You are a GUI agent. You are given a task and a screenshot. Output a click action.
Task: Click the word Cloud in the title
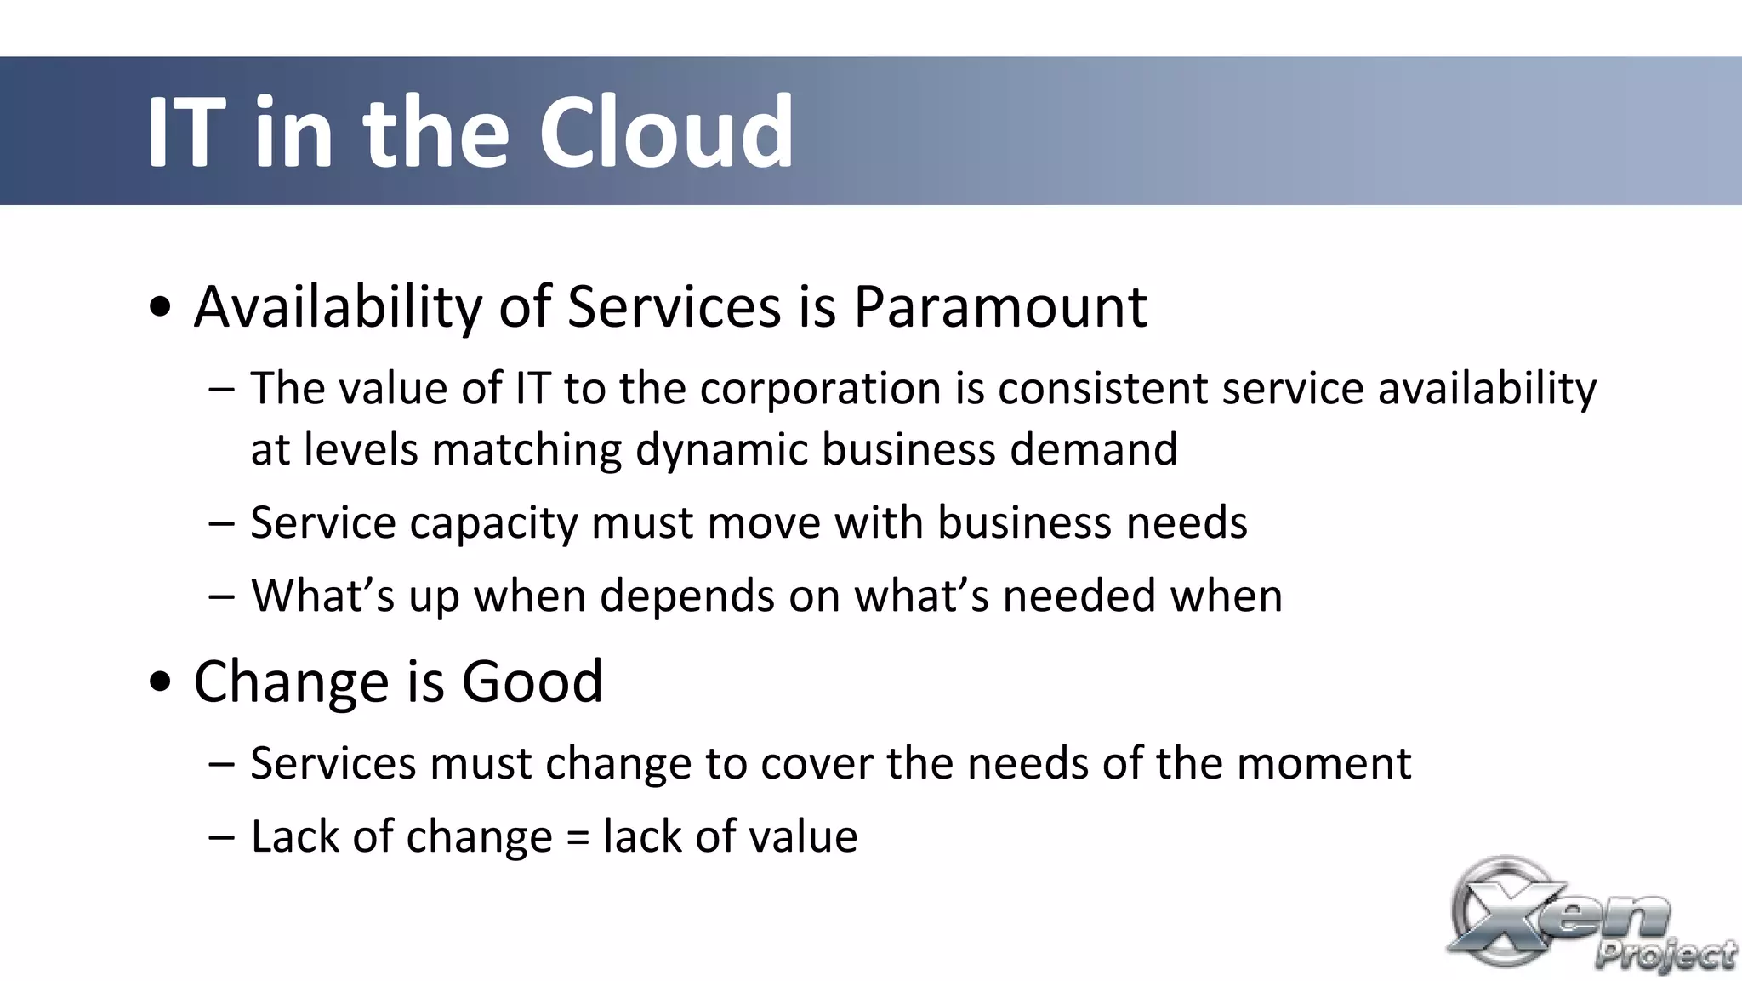click(666, 133)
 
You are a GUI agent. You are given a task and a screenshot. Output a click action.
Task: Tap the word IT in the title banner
click(186, 133)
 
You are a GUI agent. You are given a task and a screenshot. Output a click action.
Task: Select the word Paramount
click(1000, 307)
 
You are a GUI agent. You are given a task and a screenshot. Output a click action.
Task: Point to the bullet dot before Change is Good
click(160, 682)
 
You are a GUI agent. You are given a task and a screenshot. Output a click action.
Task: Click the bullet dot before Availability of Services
click(160, 307)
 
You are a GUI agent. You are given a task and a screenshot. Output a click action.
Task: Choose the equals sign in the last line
click(578, 838)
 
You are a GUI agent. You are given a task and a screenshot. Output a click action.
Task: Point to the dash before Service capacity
click(221, 522)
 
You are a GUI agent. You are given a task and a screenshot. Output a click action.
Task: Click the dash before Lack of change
click(221, 837)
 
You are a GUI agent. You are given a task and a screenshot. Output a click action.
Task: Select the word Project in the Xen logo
click(1665, 954)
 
